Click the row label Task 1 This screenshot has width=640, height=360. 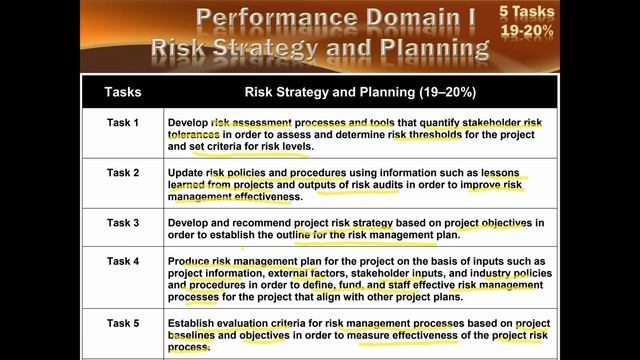tap(123, 123)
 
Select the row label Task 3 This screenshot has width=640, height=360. tap(123, 221)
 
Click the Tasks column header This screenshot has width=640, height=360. tap(123, 92)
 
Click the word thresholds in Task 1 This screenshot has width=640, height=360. tap(414, 135)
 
